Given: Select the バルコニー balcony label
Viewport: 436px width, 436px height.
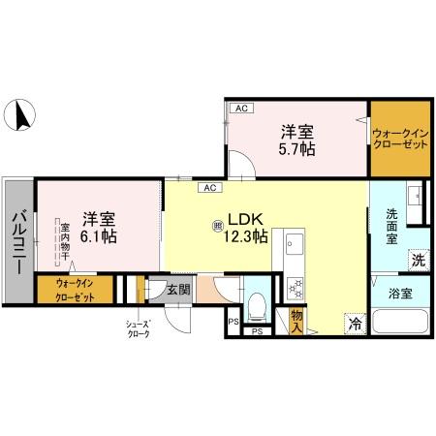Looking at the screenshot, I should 19,235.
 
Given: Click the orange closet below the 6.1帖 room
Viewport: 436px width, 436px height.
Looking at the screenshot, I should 75,290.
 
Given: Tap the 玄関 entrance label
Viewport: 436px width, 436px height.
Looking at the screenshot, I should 177,288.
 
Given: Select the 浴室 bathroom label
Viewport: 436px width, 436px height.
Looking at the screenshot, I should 399,291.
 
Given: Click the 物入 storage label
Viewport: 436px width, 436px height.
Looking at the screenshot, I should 296,321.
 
